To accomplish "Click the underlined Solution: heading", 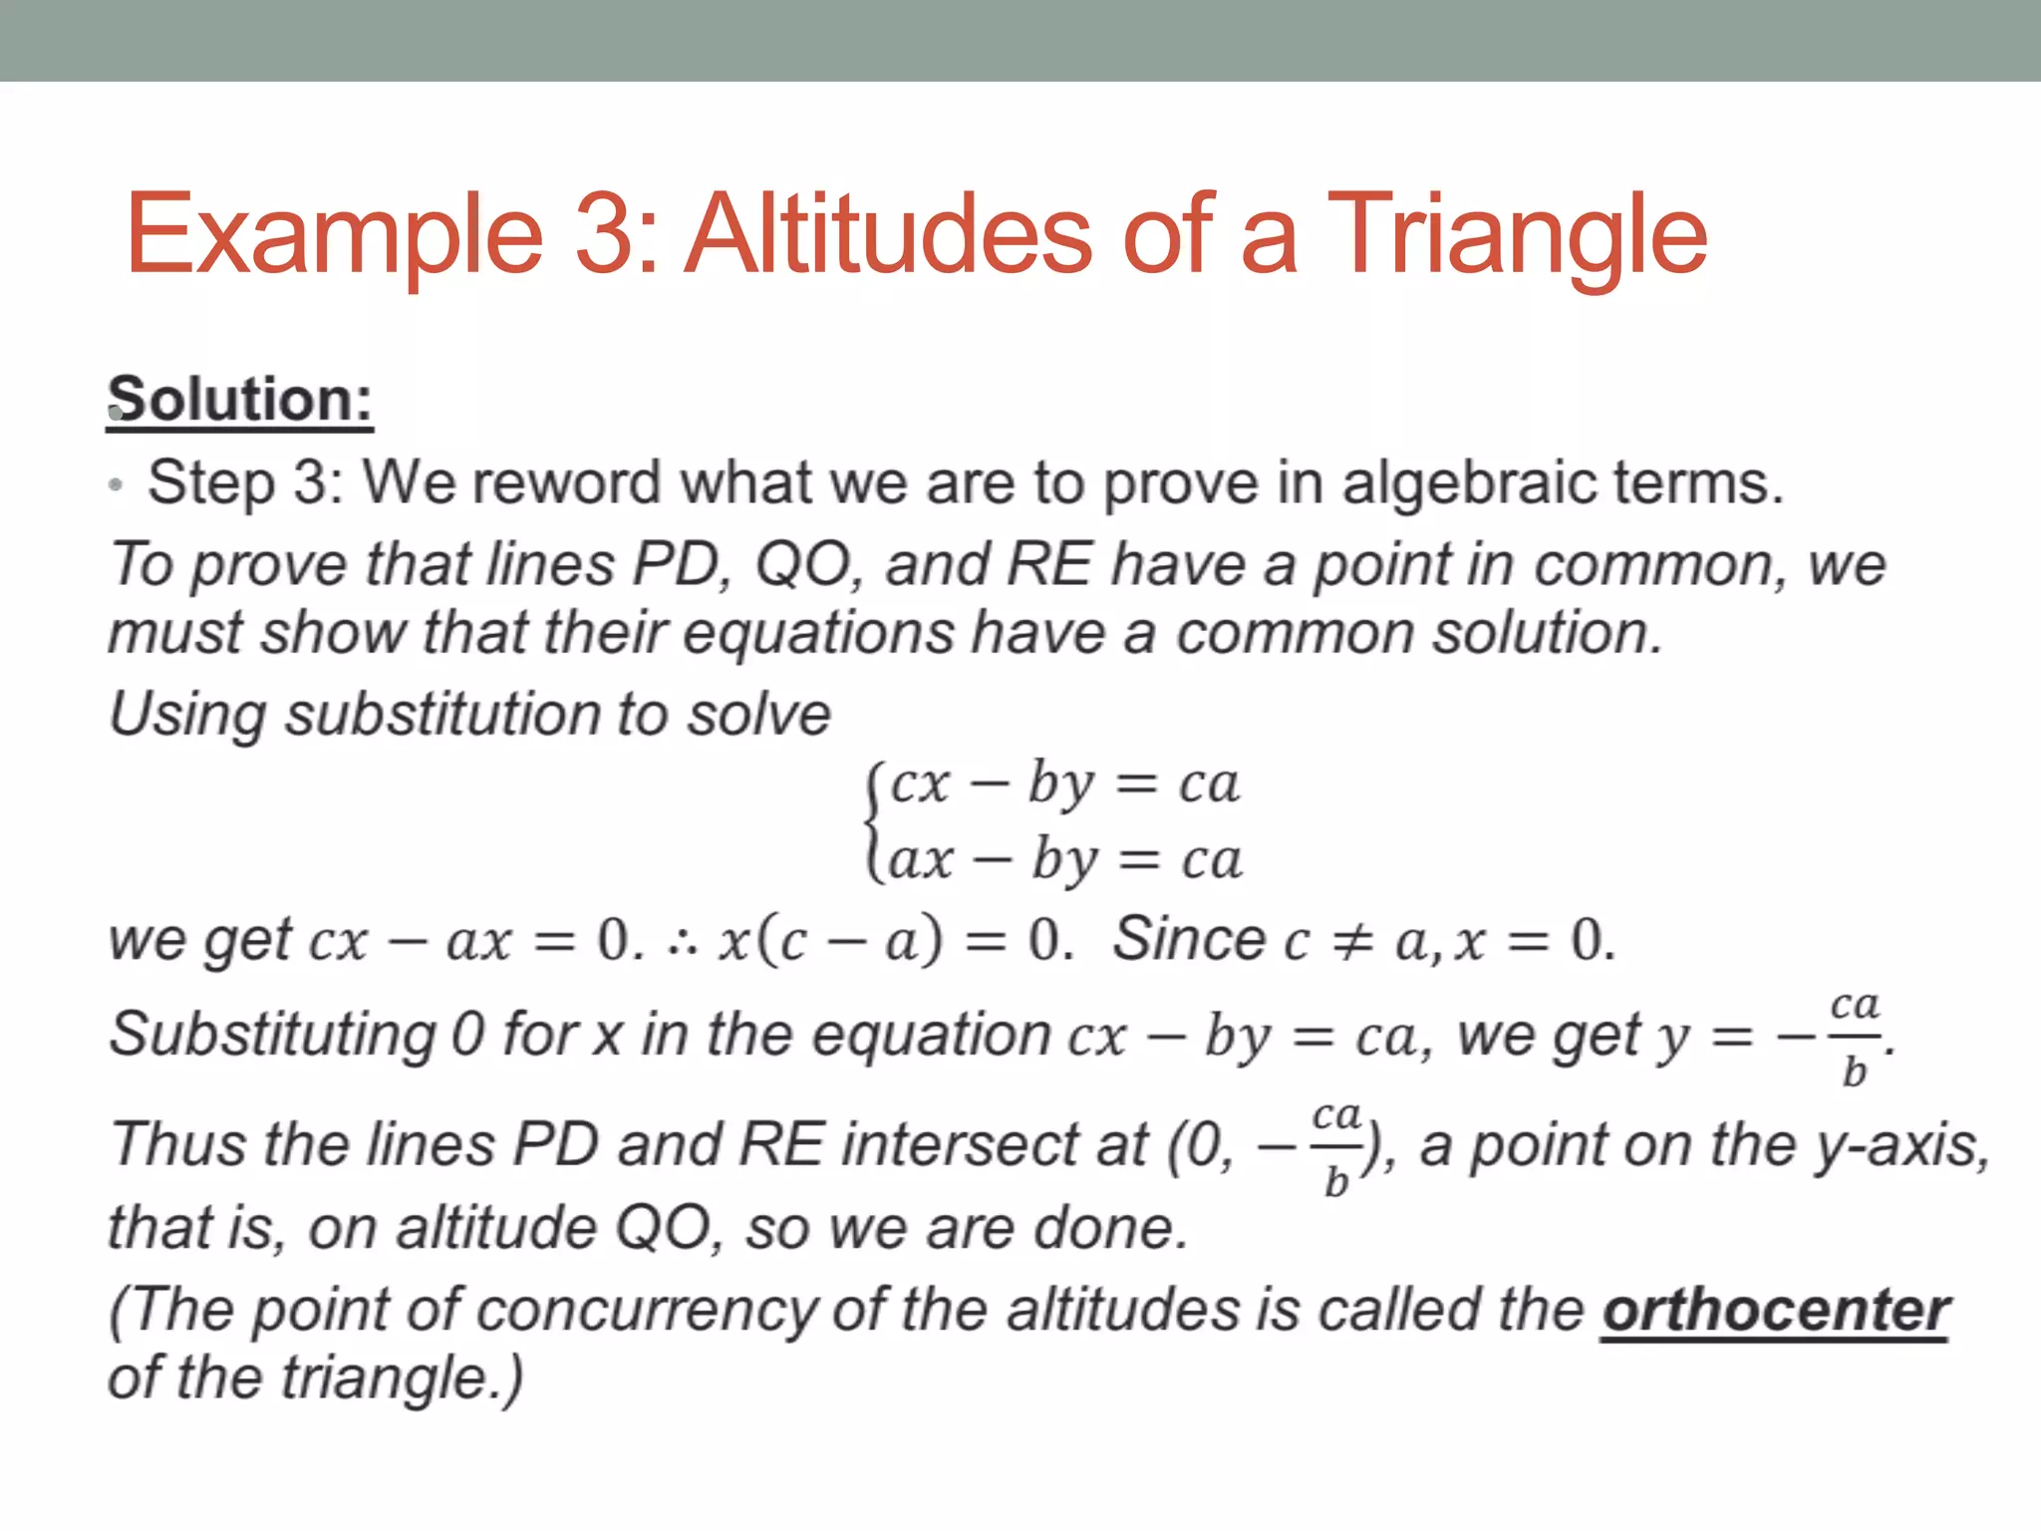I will (240, 401).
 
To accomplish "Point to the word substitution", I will (442, 716).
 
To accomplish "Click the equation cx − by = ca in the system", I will (1063, 783).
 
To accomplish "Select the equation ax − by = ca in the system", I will (1064, 859).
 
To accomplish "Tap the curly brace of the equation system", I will (874, 821).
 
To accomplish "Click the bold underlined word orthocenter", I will (1775, 1310).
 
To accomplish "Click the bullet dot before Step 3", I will (117, 485).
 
